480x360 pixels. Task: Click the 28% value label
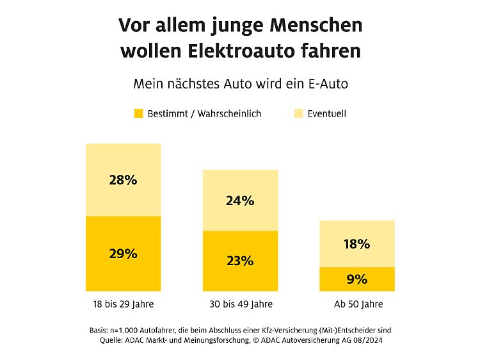coord(124,180)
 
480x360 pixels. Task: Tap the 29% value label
coord(124,254)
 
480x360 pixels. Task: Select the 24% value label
coord(240,200)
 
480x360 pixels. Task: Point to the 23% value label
coord(240,261)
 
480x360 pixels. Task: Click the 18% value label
coord(356,244)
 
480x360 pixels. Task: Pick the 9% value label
coord(356,279)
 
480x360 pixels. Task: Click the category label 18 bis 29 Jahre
coord(124,304)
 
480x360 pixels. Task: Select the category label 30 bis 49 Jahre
coord(240,304)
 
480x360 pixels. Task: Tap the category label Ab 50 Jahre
coord(356,304)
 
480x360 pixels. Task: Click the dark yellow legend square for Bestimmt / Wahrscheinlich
coord(138,114)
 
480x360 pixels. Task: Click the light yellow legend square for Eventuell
coord(298,114)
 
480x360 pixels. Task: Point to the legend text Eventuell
coord(326,114)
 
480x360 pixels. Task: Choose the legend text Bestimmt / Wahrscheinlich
coord(204,114)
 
